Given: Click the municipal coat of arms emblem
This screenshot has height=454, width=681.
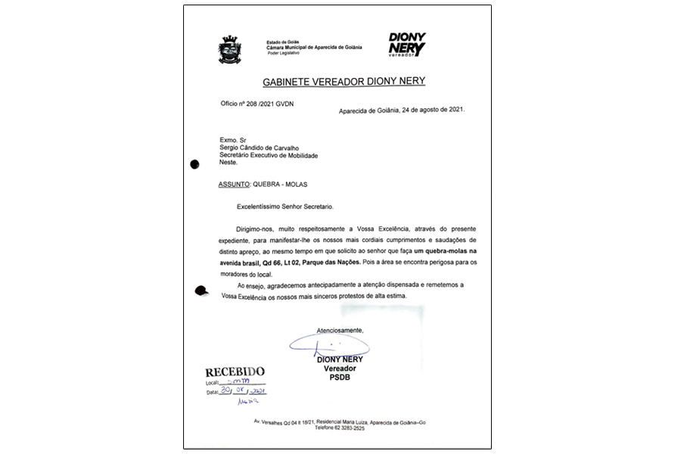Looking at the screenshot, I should [229, 49].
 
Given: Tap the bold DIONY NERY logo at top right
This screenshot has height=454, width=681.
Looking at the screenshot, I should [406, 44].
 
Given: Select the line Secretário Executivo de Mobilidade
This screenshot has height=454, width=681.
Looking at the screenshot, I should [268, 155].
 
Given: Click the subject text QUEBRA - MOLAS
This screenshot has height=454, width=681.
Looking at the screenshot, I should [280, 184].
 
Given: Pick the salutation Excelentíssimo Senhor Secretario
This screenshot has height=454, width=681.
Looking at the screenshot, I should [284, 206].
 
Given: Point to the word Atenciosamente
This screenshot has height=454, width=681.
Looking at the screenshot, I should [340, 331].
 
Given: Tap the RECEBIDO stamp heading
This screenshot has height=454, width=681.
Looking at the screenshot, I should [235, 372].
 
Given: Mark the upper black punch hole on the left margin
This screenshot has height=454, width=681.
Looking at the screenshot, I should [195, 163].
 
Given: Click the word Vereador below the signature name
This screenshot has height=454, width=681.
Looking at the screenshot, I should [339, 368].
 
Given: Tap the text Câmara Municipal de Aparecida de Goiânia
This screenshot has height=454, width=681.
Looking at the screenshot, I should [314, 47].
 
